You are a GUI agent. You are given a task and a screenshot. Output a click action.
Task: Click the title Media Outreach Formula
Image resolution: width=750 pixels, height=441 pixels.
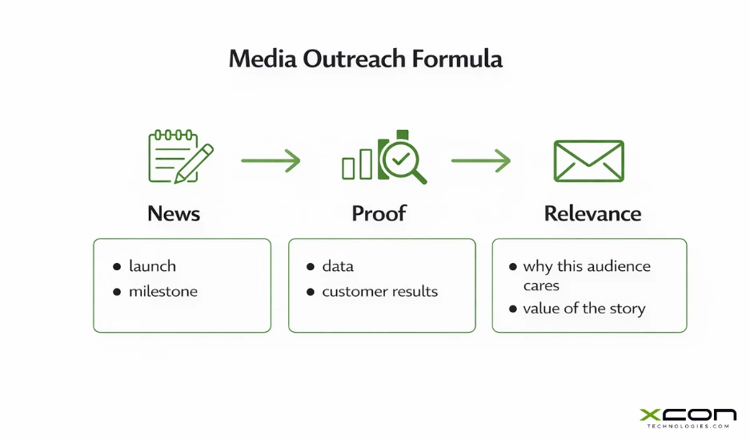coord(365,59)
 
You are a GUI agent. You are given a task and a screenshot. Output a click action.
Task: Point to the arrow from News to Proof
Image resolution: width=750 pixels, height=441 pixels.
coord(271,160)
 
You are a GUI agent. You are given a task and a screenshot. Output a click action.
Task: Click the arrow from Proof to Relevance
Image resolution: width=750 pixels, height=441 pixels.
coord(480,160)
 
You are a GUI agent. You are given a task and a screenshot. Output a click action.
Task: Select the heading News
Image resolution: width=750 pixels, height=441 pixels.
coord(174,213)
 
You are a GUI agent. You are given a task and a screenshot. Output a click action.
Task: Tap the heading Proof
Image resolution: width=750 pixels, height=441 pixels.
coord(379,213)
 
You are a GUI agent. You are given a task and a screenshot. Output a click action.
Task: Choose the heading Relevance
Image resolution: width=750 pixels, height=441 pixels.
coord(592,213)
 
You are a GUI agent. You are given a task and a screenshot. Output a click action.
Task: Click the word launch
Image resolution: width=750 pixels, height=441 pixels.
coord(152,266)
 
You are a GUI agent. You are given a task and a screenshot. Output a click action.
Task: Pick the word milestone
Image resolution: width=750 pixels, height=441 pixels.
coord(162,291)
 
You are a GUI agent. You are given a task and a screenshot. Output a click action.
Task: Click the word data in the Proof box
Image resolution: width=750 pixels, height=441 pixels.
coord(338,266)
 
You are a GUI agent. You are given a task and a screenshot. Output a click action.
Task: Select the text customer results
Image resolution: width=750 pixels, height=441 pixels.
coord(379,291)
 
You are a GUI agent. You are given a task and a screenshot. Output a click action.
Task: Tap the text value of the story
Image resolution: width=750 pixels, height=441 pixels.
coord(584,309)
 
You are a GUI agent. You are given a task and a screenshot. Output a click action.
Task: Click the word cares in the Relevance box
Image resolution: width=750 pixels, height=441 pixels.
coord(541,285)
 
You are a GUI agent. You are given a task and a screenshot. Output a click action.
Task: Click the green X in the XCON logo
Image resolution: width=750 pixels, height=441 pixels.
coord(650,415)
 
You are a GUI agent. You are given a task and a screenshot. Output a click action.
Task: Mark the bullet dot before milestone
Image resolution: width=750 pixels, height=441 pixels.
coord(117,292)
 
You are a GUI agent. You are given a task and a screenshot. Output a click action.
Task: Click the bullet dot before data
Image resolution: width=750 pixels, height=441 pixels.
coord(311,267)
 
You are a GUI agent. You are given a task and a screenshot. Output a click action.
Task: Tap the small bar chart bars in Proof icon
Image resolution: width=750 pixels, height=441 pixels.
coord(357,164)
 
